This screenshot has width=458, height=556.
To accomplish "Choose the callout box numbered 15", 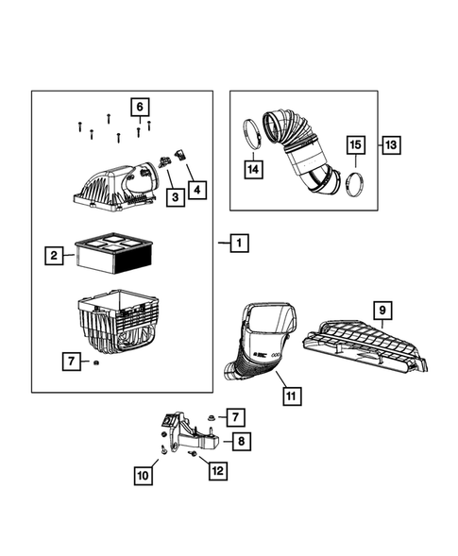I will coord(354,145).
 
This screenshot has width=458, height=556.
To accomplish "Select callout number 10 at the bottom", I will coord(142,477).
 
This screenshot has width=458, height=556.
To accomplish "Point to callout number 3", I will coord(175,196).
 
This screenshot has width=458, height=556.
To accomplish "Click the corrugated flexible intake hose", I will coord(300,146).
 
